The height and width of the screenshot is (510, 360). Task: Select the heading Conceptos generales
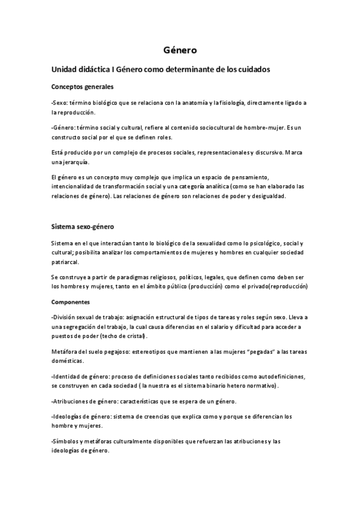point(82,87)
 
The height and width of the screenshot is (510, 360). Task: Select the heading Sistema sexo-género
point(82,227)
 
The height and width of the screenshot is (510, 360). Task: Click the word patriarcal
point(65,262)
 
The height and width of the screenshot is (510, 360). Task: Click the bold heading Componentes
point(70,301)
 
